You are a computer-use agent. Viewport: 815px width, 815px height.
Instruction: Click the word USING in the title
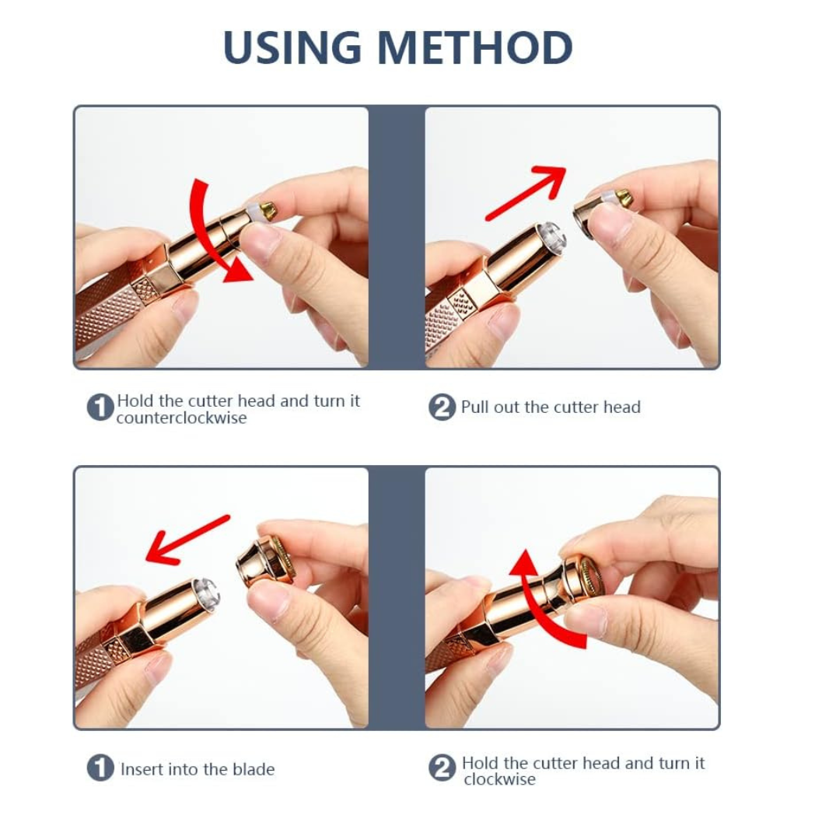(292, 47)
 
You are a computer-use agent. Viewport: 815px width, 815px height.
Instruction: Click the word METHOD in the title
(475, 47)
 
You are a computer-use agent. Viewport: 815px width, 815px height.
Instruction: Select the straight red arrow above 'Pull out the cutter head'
(525, 192)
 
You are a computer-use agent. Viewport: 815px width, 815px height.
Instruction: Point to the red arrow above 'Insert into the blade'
(187, 540)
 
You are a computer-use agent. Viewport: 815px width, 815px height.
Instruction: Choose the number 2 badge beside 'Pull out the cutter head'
(442, 407)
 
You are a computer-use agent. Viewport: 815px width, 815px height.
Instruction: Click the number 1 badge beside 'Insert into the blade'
(100, 768)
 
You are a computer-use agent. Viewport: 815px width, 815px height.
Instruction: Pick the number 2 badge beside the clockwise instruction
(442, 768)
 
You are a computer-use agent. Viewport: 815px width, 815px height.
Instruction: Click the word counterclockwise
(181, 418)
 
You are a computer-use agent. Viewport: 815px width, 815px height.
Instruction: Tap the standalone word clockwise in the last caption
(499, 779)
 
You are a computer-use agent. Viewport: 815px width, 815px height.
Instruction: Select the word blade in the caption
(253, 769)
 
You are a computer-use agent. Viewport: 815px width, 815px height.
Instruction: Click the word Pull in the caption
(474, 407)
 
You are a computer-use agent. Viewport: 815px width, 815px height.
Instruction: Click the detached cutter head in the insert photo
(265, 561)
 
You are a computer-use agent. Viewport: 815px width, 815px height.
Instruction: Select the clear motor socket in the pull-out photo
(551, 236)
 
